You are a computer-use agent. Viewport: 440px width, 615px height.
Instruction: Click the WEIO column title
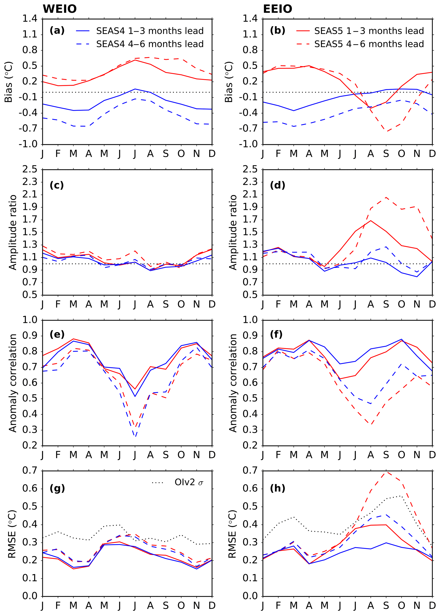click(x=60, y=9)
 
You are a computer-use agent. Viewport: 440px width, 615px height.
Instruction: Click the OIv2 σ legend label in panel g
click(x=189, y=482)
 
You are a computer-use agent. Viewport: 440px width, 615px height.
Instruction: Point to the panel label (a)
click(x=57, y=30)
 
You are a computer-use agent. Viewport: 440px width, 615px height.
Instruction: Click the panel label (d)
click(x=277, y=185)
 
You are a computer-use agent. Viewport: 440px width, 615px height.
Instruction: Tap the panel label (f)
click(x=276, y=334)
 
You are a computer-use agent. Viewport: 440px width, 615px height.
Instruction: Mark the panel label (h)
click(x=277, y=488)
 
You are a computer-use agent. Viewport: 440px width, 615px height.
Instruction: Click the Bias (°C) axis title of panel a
click(x=9, y=82)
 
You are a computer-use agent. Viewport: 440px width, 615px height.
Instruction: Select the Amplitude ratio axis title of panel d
click(x=233, y=232)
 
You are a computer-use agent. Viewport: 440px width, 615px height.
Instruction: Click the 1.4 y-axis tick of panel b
click(x=250, y=19)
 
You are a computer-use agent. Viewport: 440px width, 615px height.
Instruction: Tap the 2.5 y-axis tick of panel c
click(x=30, y=169)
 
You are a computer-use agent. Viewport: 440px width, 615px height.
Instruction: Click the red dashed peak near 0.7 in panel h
click(x=386, y=472)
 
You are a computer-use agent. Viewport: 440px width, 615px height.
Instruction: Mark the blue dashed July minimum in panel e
click(x=135, y=437)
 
